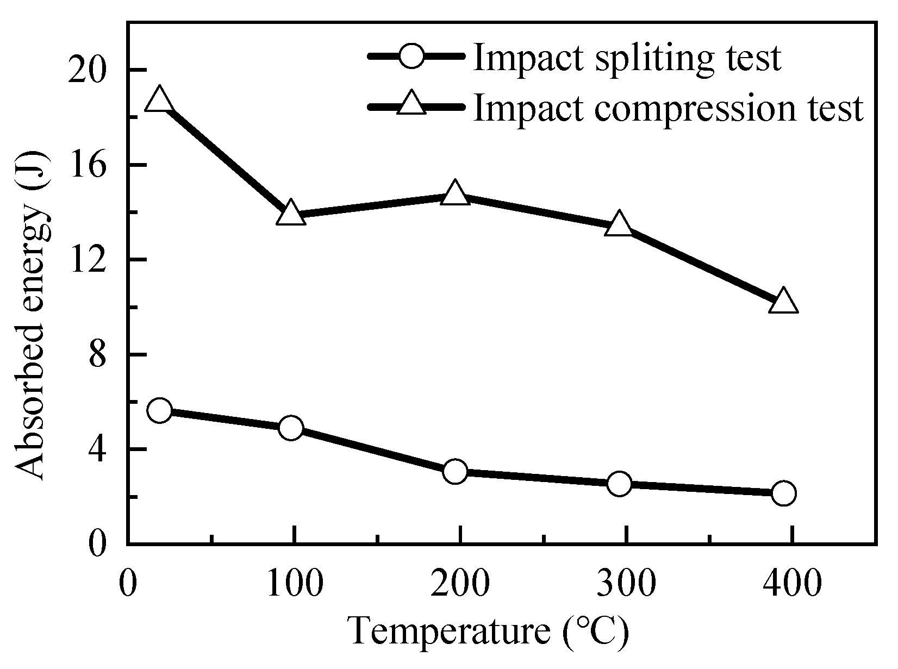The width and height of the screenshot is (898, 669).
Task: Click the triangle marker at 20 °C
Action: pos(159,100)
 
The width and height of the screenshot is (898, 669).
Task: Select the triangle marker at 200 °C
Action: pos(455,193)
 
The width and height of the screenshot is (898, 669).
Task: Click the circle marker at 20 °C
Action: pos(159,410)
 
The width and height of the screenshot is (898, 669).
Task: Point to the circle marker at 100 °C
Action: pos(291,428)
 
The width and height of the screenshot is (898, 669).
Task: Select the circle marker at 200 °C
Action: pos(455,471)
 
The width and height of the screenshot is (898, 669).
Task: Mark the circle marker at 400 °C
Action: pos(783,493)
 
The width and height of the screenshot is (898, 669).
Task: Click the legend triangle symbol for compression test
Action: pos(411,104)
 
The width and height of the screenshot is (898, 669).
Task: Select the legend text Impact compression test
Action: pos(668,107)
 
